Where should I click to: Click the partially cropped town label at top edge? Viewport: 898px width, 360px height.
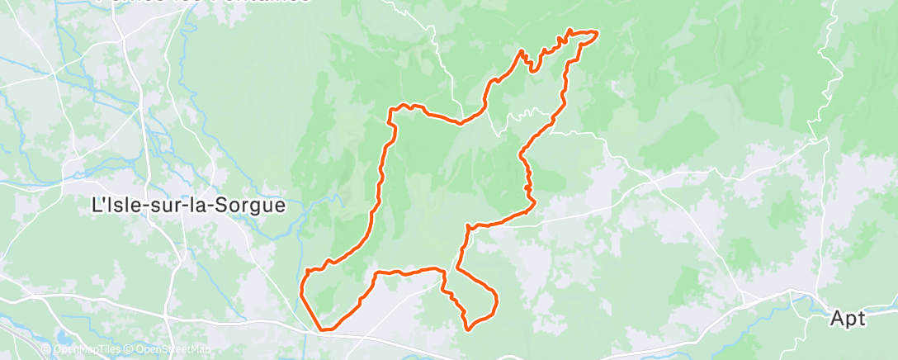[x=202, y=2]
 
